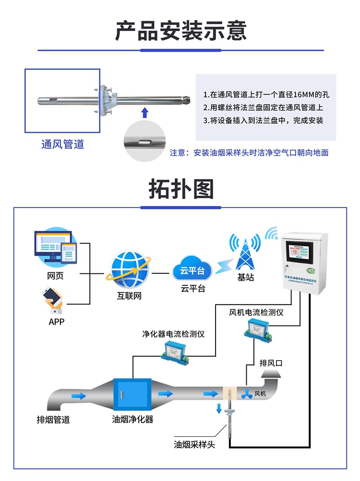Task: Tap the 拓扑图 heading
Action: (180, 189)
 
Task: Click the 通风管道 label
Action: (62, 144)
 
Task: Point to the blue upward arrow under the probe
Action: (144, 113)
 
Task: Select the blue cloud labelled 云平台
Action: (192, 270)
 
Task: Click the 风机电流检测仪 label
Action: (256, 312)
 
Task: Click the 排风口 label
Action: (270, 362)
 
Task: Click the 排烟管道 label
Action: (53, 419)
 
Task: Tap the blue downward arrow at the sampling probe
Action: (219, 409)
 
